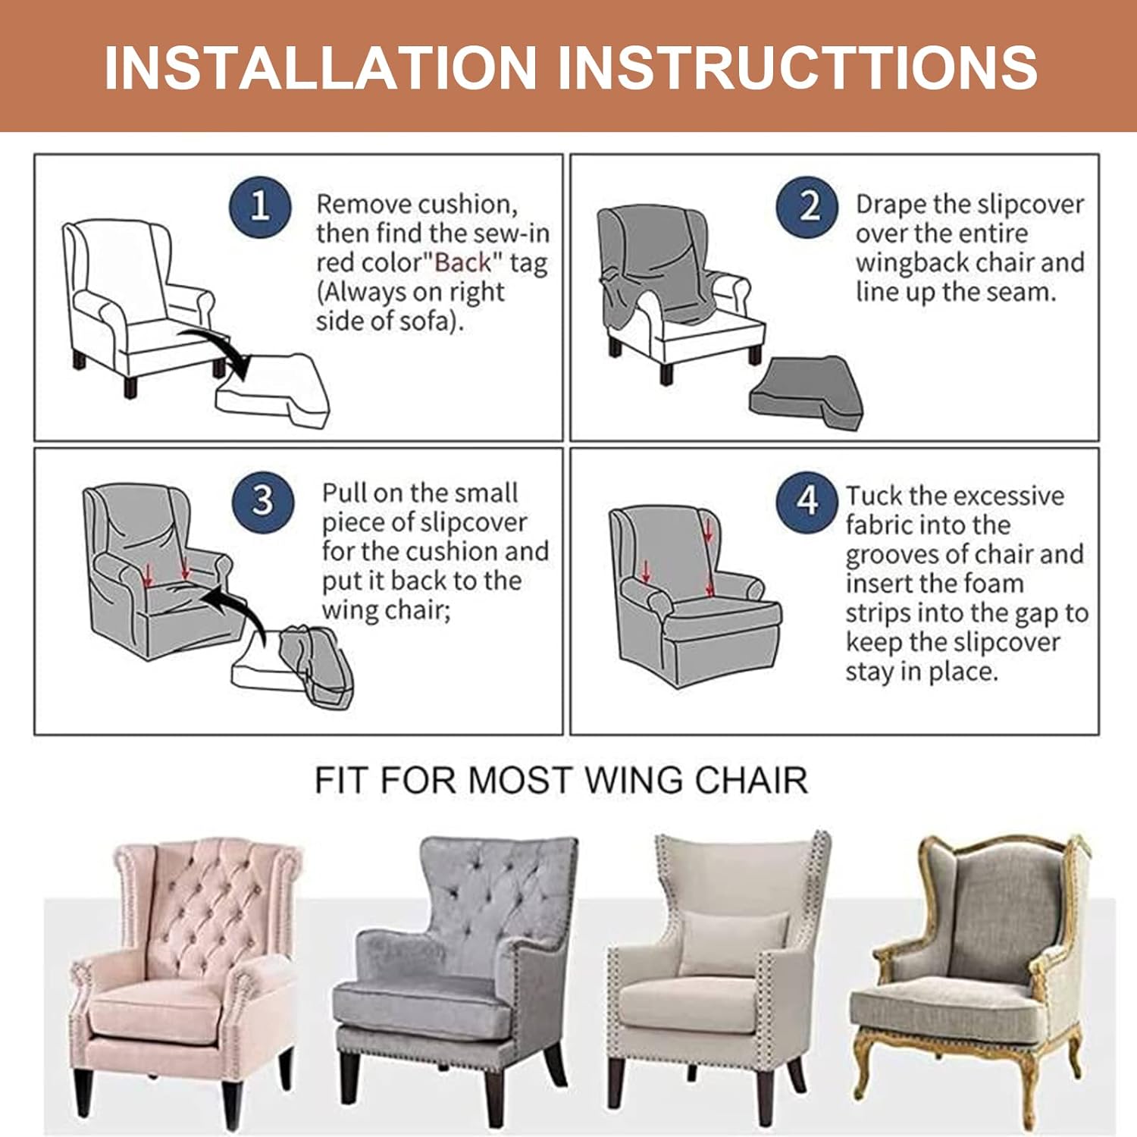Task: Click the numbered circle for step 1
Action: [260, 206]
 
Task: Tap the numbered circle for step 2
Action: [808, 206]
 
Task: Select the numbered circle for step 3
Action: [262, 500]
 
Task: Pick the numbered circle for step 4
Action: [807, 501]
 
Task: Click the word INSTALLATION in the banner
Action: [321, 67]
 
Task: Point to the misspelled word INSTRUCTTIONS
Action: [797, 67]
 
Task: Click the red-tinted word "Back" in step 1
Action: [462, 263]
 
